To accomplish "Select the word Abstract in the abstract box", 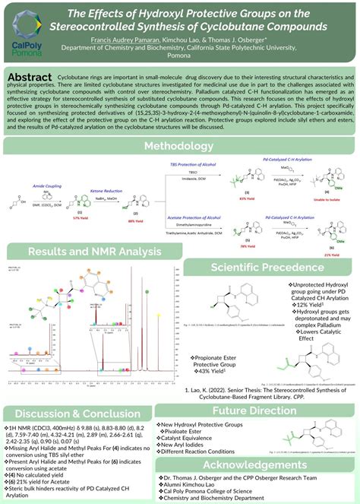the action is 29,78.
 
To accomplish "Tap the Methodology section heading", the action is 179,146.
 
